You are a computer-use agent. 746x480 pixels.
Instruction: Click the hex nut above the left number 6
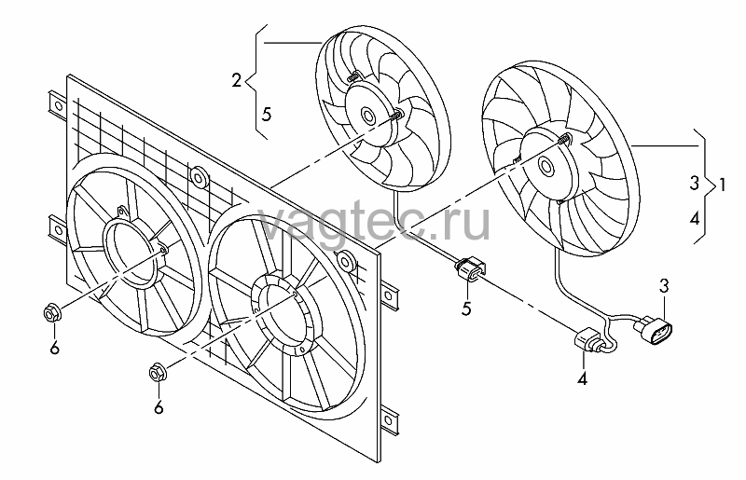click(51, 314)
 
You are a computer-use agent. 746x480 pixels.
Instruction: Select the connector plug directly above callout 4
click(588, 341)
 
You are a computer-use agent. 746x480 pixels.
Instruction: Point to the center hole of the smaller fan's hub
click(367, 116)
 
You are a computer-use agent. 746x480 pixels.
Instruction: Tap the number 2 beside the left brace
click(237, 80)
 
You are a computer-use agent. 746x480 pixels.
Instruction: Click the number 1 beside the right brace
click(722, 185)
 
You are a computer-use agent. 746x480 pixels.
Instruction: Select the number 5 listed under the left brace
click(267, 114)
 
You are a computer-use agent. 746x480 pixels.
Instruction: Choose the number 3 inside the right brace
click(695, 183)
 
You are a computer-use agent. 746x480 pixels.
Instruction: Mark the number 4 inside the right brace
click(695, 218)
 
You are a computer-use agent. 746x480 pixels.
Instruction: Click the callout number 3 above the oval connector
click(664, 286)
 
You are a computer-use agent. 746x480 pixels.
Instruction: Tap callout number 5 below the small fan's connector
click(466, 309)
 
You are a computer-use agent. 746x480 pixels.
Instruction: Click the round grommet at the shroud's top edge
click(199, 177)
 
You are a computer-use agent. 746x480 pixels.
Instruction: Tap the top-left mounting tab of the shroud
click(56, 104)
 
